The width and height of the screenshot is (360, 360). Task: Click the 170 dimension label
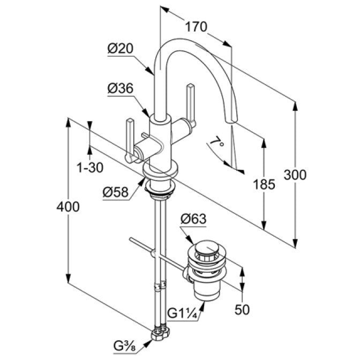[x=196, y=27]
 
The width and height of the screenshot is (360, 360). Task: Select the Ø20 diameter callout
[x=121, y=49]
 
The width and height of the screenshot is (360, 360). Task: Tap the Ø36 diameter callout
[x=121, y=88]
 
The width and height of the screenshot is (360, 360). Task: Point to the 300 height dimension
[x=295, y=175]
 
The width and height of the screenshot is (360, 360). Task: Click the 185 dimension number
[x=264, y=184]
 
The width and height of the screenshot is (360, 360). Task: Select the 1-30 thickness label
[x=90, y=168]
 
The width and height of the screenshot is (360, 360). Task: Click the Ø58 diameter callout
[x=116, y=192]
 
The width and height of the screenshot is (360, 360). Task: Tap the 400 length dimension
[x=68, y=207]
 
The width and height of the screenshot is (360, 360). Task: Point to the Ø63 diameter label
[x=193, y=219]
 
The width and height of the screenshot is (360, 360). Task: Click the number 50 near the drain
[x=242, y=310]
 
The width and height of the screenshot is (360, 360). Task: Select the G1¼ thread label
[x=182, y=313]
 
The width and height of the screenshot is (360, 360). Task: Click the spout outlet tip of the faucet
[x=231, y=121]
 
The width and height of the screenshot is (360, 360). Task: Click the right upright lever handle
[x=191, y=104]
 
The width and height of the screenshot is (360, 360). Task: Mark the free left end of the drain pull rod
[x=131, y=239]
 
